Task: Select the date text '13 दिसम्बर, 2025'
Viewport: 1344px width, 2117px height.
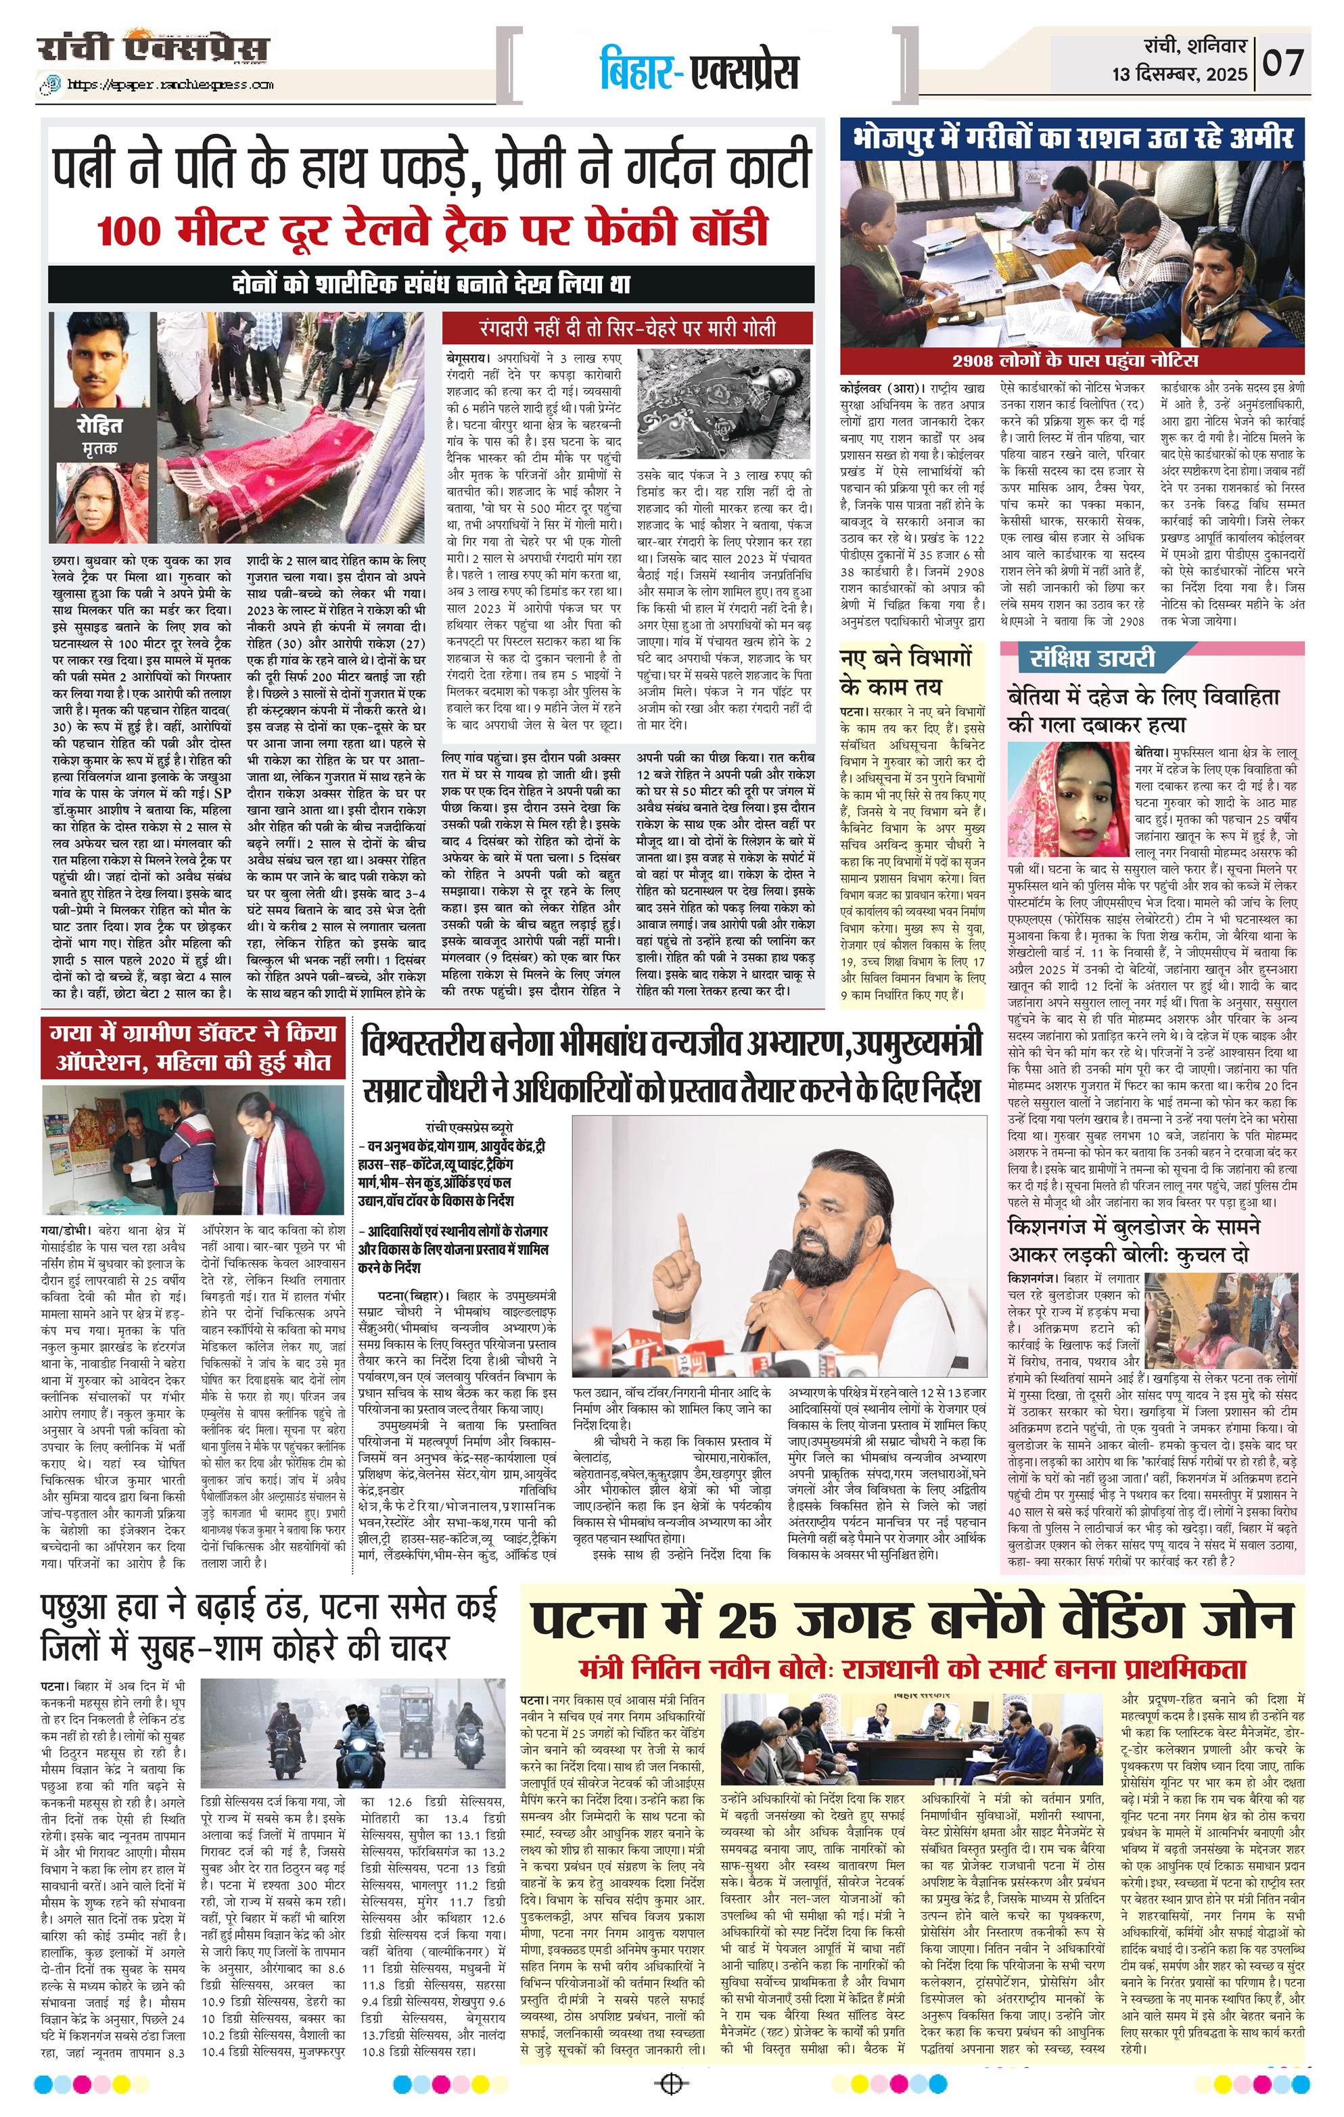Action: coord(1179,74)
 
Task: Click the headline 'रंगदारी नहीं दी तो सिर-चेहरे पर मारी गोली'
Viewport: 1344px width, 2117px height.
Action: coord(627,329)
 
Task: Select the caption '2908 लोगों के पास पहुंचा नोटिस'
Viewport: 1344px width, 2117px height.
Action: coord(1073,360)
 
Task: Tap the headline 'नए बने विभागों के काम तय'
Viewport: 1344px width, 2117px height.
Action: coord(906,672)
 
